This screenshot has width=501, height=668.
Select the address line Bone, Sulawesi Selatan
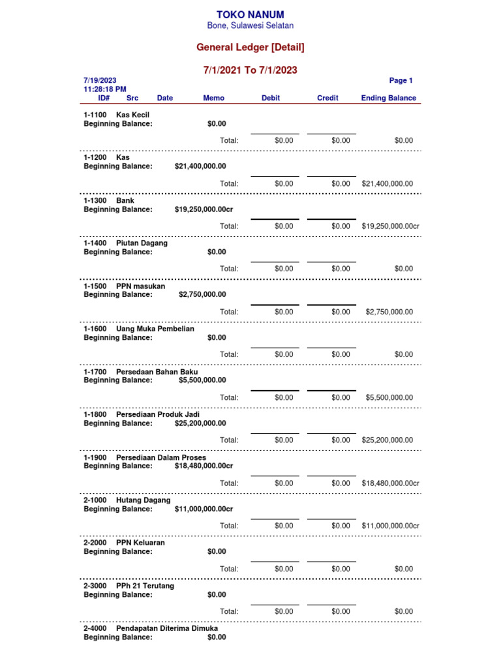(250, 25)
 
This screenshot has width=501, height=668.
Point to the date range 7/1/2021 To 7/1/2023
(250, 70)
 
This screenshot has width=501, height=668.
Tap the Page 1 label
(401, 80)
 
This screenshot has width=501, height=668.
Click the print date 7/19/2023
(100, 80)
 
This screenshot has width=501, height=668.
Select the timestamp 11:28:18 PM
(105, 89)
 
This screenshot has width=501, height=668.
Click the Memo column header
(213, 98)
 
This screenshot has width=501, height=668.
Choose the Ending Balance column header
(388, 98)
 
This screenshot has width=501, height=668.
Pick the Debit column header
(271, 98)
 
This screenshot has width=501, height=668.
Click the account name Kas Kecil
(132, 115)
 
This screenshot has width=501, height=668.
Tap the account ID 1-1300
(95, 201)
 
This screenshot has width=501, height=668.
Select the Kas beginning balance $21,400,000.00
(200, 166)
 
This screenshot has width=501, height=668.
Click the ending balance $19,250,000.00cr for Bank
(390, 226)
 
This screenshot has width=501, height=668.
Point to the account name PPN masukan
(140, 286)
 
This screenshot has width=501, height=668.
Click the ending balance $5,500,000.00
(389, 397)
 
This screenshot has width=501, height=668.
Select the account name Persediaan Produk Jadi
(158, 414)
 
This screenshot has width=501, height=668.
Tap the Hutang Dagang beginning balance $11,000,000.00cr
(204, 509)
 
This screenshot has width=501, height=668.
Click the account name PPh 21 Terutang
(145, 586)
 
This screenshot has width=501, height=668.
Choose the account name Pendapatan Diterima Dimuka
(167, 628)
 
